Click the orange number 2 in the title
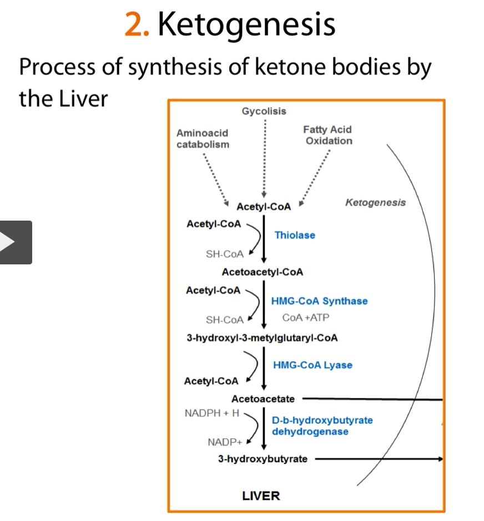134,25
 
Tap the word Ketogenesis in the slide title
246,25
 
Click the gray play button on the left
15,242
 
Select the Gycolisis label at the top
264,111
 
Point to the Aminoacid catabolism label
202,139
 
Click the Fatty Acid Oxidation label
327,135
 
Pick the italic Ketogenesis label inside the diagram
375,202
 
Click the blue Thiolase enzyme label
295,235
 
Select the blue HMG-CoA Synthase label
319,301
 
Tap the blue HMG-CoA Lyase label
312,365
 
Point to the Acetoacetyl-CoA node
263,272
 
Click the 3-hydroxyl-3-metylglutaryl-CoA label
262,338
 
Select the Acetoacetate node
263,399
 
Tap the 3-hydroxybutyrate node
263,459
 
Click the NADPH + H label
211,413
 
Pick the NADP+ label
225,442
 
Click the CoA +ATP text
305,318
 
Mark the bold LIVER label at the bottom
261,496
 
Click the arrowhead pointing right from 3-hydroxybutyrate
441,459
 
